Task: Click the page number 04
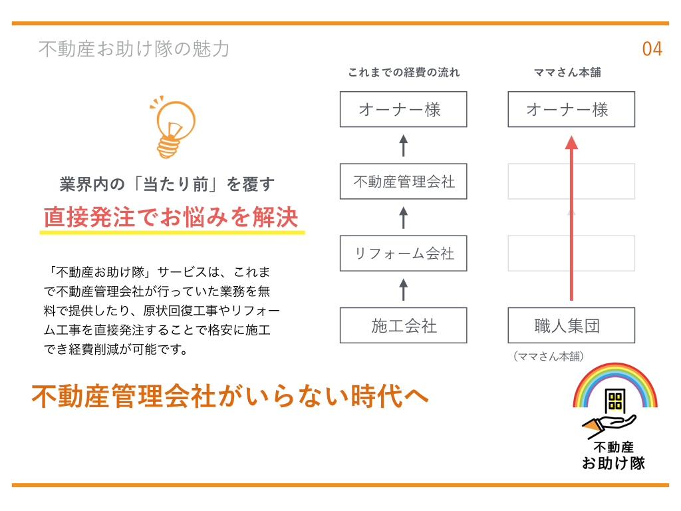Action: pyautogui.click(x=652, y=49)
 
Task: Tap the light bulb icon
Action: pyautogui.click(x=174, y=127)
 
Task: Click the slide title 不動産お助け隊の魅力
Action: pyautogui.click(x=134, y=49)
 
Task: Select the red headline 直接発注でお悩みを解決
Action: pyautogui.click(x=171, y=217)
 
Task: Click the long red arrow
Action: pyautogui.click(x=571, y=218)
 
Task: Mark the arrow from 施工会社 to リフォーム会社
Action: pyautogui.click(x=404, y=290)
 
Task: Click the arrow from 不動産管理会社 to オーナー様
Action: pyautogui.click(x=404, y=146)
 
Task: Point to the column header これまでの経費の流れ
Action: pyautogui.click(x=404, y=72)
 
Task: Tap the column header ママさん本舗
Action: pyautogui.click(x=567, y=72)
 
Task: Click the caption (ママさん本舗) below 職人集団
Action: pyautogui.click(x=549, y=357)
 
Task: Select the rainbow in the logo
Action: pyautogui.click(x=615, y=369)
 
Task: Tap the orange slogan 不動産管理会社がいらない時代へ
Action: pyautogui.click(x=230, y=396)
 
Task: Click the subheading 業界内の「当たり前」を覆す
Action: pyautogui.click(x=167, y=184)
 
